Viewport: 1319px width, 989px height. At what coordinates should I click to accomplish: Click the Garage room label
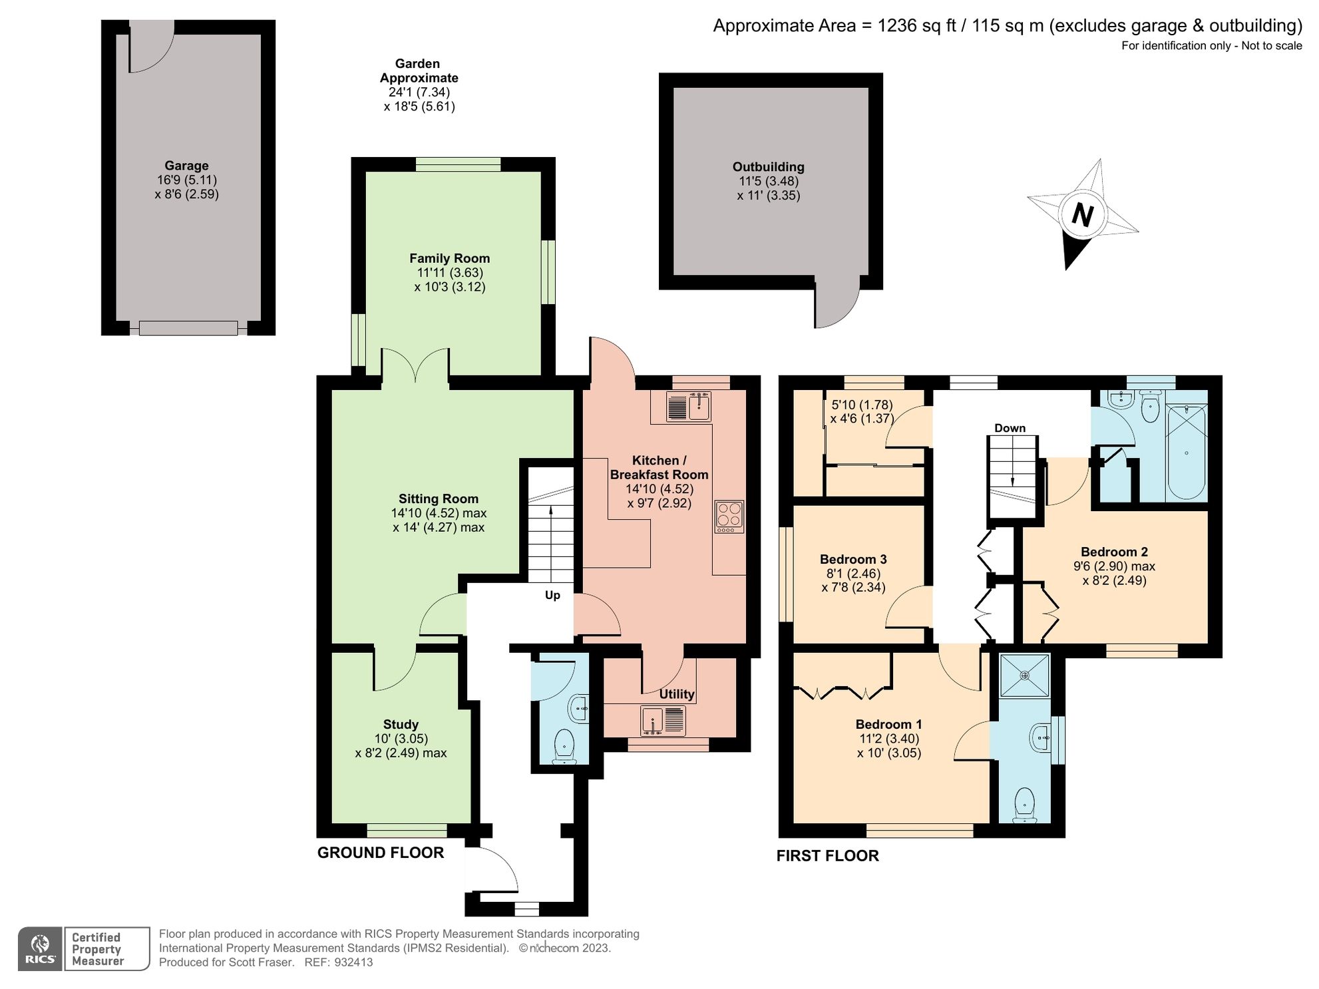point(186,166)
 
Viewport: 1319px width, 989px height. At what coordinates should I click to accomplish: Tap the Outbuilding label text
point(768,167)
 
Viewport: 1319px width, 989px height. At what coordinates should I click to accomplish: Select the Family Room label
point(449,258)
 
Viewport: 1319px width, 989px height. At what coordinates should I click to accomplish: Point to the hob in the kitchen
point(729,516)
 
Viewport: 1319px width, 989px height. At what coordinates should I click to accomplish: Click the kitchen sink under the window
point(689,406)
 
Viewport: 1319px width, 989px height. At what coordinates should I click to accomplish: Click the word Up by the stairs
point(552,595)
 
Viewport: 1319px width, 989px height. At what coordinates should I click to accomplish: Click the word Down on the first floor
point(1010,428)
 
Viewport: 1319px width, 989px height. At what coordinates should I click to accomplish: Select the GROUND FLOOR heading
point(380,853)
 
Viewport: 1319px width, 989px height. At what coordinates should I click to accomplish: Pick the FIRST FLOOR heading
point(827,856)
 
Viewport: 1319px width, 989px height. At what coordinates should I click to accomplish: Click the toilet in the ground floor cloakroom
point(565,745)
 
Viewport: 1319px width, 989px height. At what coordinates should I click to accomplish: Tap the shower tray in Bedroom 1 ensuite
point(1025,676)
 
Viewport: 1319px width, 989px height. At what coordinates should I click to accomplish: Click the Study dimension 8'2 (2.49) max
point(401,753)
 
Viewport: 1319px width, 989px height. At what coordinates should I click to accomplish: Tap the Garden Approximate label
point(419,71)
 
